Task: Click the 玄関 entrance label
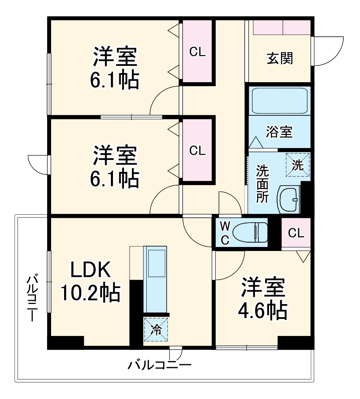[279, 58]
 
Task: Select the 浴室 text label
[279, 132]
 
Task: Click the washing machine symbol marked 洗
[298, 164]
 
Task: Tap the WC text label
[225, 233]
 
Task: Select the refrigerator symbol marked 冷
[156, 330]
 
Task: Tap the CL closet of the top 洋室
[197, 51]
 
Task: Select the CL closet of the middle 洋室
[197, 150]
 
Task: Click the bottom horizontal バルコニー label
[159, 365]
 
